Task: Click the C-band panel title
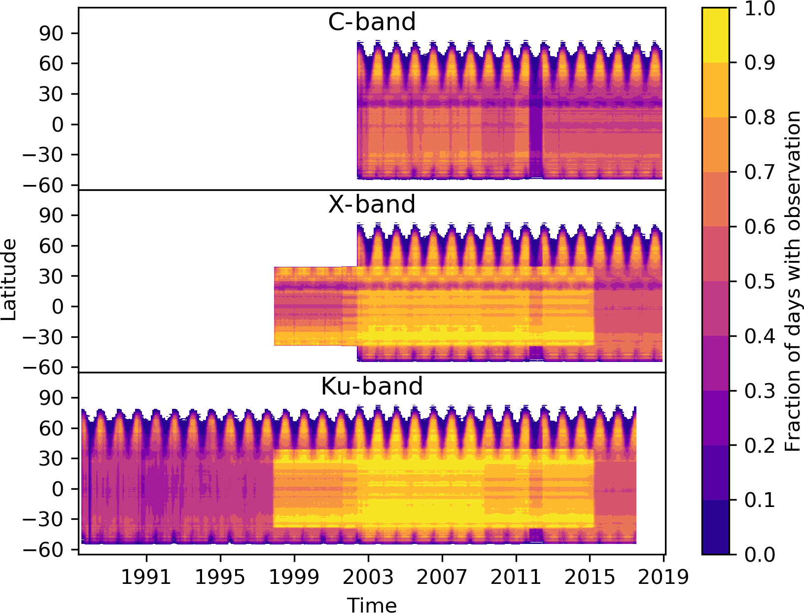(x=372, y=22)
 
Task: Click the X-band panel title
(x=372, y=204)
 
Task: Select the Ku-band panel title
(x=372, y=386)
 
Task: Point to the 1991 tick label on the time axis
(x=146, y=577)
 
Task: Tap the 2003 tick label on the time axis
(x=368, y=577)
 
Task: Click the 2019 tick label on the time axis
(x=663, y=577)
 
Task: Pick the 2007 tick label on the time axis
(x=442, y=577)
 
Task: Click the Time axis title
(x=372, y=605)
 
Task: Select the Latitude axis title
(x=9, y=280)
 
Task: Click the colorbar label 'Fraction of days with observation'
(x=793, y=281)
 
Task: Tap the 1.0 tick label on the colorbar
(x=760, y=9)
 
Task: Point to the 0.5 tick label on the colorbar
(x=760, y=282)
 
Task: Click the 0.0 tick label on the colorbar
(x=760, y=554)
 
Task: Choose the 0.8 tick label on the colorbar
(x=760, y=118)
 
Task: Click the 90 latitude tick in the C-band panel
(x=51, y=34)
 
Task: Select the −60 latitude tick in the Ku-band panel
(x=44, y=549)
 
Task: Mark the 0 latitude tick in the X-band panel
(x=58, y=307)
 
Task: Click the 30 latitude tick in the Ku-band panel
(x=51, y=459)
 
